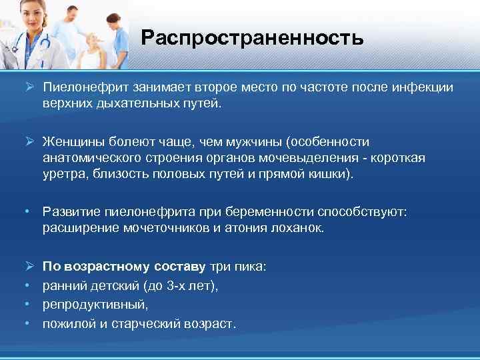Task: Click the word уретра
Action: (61, 175)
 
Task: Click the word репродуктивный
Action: (95, 305)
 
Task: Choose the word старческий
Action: (152, 323)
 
